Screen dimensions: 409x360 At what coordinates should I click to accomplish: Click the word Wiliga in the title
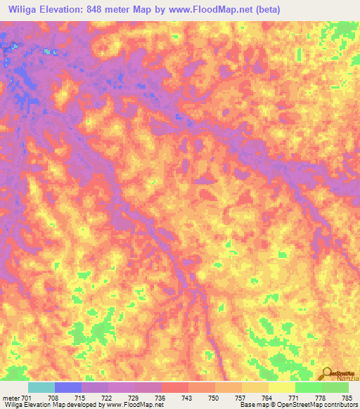point(24,9)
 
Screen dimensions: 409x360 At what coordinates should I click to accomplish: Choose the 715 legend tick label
point(82,398)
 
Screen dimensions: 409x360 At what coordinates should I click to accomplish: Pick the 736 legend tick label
point(162,398)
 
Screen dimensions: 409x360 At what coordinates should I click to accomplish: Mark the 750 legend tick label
point(215,398)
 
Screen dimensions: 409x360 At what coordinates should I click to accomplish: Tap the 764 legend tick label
point(269,398)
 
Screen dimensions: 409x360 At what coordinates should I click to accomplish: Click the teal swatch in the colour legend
point(41,387)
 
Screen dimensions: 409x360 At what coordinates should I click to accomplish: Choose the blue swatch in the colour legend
point(68,387)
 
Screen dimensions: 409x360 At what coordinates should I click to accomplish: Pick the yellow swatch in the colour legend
point(281,387)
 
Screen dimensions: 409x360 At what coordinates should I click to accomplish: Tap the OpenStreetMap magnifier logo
point(327,372)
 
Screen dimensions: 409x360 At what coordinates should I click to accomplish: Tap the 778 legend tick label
point(322,398)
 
